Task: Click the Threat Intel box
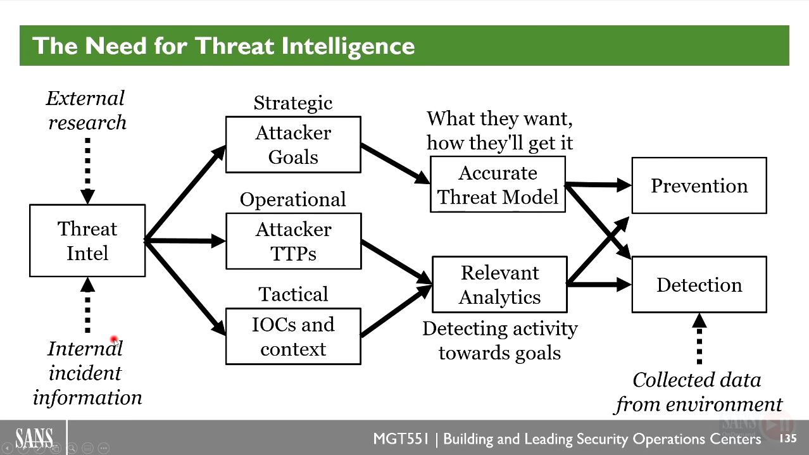point(87,240)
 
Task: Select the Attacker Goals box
point(293,144)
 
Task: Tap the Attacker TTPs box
point(294,241)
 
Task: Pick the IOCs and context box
point(293,336)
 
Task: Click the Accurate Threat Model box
point(498,184)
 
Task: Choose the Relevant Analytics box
point(500,285)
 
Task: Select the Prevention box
point(699,185)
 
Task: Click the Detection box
point(699,285)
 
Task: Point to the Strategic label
point(293,104)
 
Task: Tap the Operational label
point(293,200)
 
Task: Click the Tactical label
point(293,294)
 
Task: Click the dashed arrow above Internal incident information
point(88,305)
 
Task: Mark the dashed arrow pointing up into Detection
point(699,339)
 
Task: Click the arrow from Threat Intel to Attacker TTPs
point(185,241)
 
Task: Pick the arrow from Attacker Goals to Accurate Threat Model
point(396,164)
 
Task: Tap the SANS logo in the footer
point(34,438)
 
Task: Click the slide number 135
point(788,439)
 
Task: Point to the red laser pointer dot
point(114,339)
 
